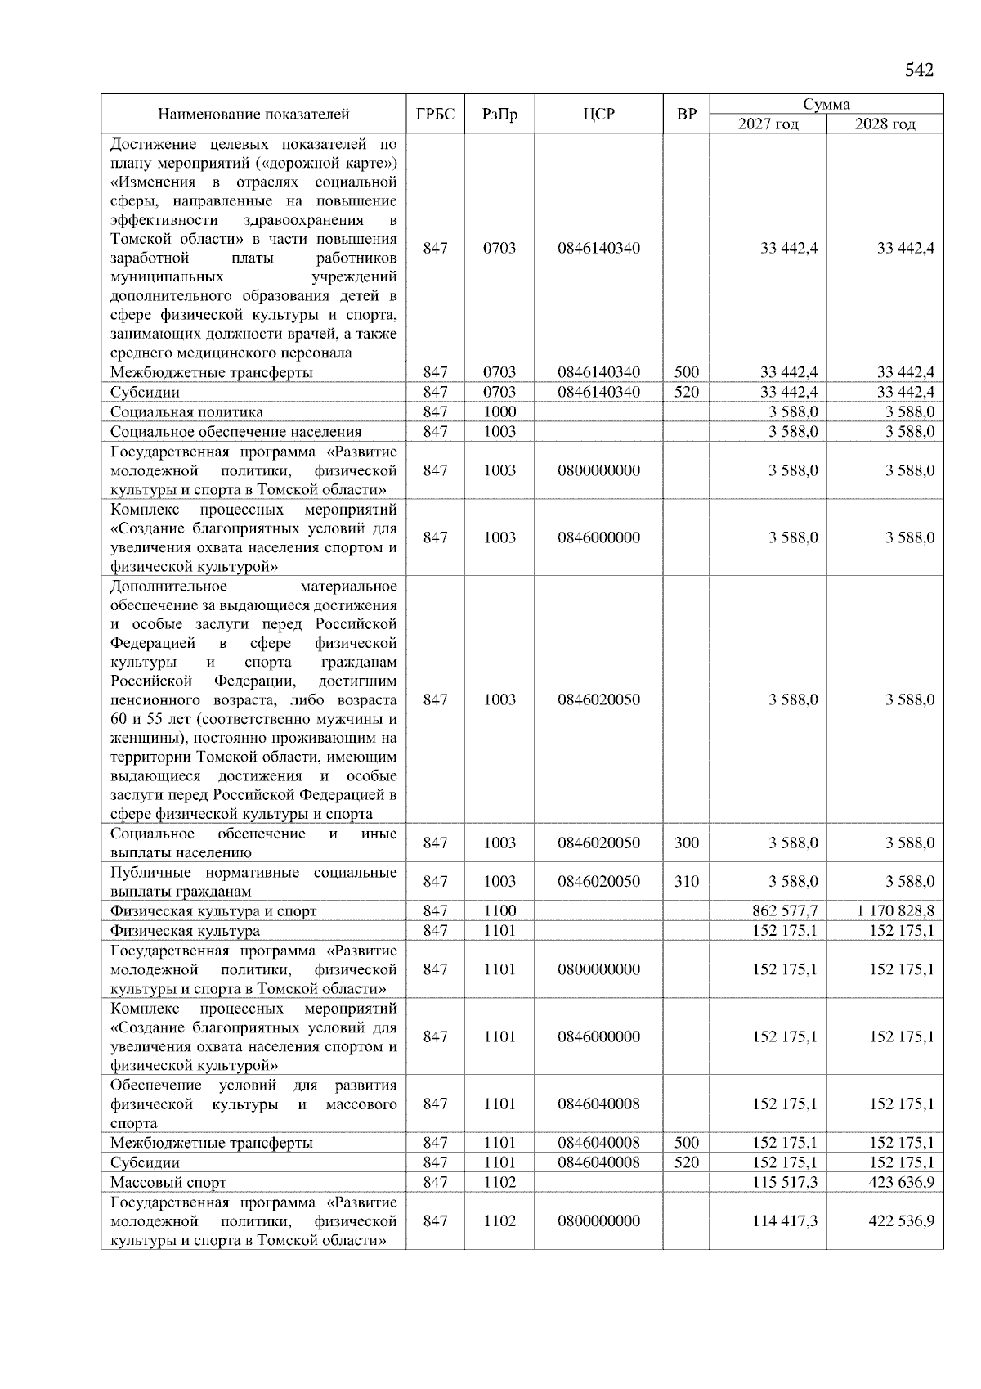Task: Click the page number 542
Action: pos(919,70)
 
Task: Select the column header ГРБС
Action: pos(435,114)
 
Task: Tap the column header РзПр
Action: pos(499,114)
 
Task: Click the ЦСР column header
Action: pos(598,114)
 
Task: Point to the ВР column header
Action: pos(687,114)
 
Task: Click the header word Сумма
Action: pos(826,104)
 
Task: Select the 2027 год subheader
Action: pos(768,124)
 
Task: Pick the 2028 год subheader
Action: pos(885,124)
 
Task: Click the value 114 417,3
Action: pos(785,1220)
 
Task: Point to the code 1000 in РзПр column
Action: pos(499,411)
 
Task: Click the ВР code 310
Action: pos(687,881)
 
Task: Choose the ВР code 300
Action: pos(687,843)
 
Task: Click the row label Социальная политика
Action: pos(186,412)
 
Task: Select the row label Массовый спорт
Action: pos(168,1183)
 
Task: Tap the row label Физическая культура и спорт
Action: pos(213,911)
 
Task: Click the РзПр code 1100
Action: pos(499,910)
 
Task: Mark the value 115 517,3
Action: pos(785,1182)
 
